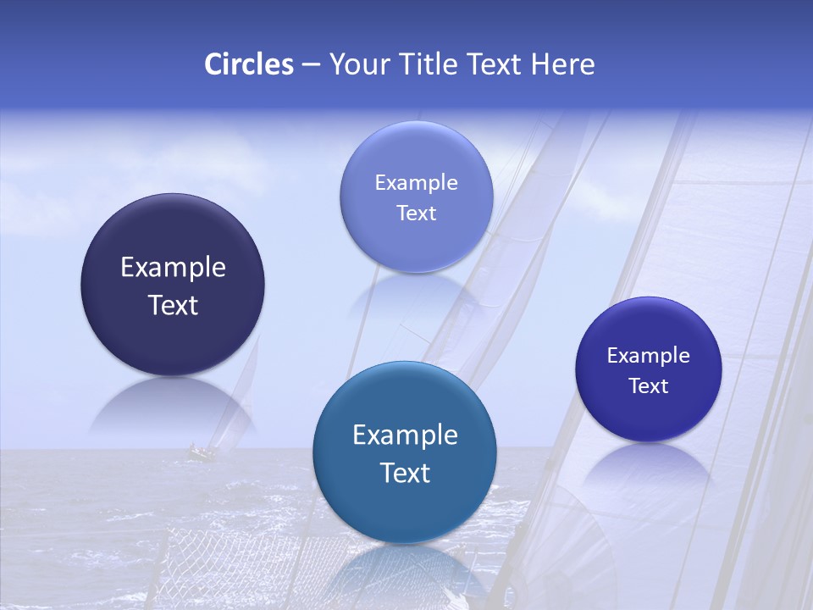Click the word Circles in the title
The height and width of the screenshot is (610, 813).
(x=248, y=64)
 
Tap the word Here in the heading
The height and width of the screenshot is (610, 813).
(x=563, y=64)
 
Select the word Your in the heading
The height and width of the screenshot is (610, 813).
(x=357, y=64)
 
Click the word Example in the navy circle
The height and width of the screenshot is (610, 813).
(x=173, y=268)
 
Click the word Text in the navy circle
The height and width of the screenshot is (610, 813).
(x=173, y=305)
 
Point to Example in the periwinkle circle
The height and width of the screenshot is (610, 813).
(x=416, y=183)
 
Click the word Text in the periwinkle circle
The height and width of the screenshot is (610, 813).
(x=416, y=213)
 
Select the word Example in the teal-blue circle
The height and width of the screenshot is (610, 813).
(x=405, y=435)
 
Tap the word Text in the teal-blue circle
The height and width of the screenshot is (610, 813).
(x=405, y=473)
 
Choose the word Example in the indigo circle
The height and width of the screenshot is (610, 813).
(x=649, y=356)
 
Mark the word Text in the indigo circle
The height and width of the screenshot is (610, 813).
(x=649, y=386)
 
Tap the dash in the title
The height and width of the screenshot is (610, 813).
(x=310, y=64)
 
